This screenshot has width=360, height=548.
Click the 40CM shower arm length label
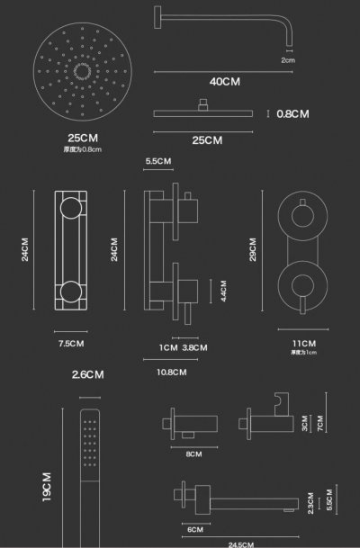click(224, 81)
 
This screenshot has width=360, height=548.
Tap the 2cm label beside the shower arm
click(288, 60)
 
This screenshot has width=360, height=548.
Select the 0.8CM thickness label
click(292, 113)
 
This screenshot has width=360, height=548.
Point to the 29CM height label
click(254, 249)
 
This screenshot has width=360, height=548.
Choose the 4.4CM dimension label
click(212, 291)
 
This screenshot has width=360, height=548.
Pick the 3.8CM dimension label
click(194, 347)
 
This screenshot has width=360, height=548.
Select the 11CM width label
click(303, 343)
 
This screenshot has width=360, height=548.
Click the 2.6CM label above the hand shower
click(87, 374)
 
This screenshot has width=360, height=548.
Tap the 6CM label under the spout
click(195, 529)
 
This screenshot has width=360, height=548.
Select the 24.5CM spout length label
click(239, 544)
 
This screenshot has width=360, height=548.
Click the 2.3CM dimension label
click(310, 503)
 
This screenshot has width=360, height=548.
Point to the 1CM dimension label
click(167, 347)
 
